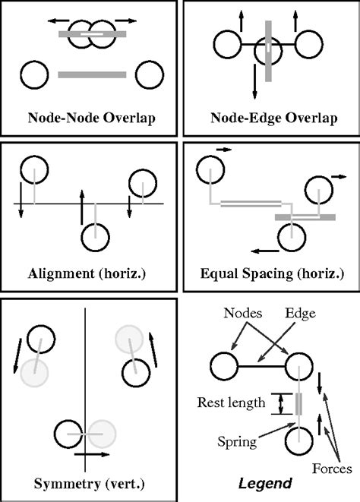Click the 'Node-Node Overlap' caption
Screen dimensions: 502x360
pos(90,118)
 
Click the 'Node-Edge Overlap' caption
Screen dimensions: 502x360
pos(269,118)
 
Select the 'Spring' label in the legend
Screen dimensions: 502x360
pos(237,439)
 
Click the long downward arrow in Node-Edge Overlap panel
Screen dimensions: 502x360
pos(254,76)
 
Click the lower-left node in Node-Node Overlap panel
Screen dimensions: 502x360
pos(34,75)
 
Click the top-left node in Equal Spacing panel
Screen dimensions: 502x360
pos(210,171)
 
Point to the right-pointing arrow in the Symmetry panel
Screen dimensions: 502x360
pos(90,453)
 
